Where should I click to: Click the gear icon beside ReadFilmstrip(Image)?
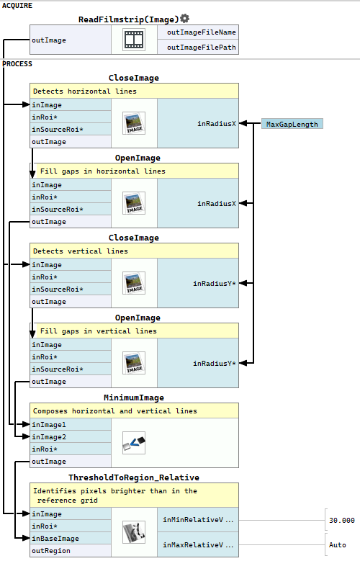(184, 18)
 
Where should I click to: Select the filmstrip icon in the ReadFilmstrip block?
(134, 40)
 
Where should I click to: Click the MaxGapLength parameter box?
(292, 124)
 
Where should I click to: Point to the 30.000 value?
(342, 520)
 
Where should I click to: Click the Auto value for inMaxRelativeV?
(338, 545)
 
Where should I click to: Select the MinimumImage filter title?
(134, 398)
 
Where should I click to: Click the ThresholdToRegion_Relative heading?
(134, 477)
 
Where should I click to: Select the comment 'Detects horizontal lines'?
(85, 91)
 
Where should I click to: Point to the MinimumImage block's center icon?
(134, 443)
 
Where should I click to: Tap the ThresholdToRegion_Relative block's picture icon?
(134, 532)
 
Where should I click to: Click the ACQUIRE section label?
(17, 6)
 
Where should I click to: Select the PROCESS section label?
(17, 64)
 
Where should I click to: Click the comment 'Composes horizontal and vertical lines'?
(115, 410)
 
